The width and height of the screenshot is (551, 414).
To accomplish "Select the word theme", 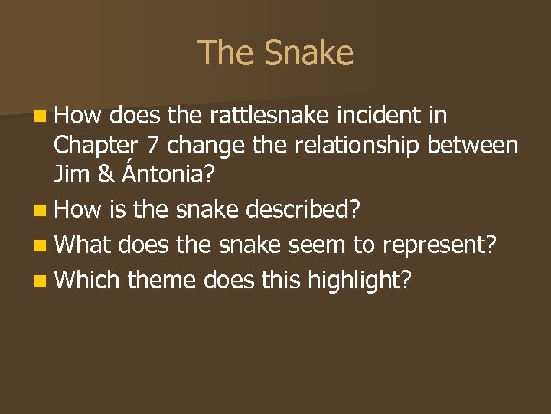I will [162, 281].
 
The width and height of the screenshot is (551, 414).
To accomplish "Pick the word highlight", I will [359, 281].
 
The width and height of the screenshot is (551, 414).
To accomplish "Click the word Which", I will [87, 281].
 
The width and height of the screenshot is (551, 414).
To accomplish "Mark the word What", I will [82, 246].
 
